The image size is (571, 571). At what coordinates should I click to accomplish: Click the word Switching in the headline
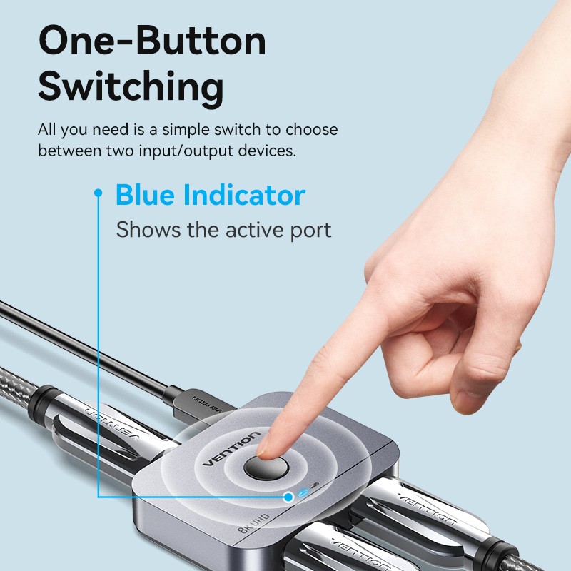(x=131, y=88)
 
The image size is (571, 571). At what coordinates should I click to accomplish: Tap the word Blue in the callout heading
(x=146, y=195)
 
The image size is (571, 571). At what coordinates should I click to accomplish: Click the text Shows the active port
(x=223, y=230)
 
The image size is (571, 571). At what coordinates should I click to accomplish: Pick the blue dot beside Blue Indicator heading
(x=98, y=193)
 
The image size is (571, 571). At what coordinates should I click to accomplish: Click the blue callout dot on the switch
(x=288, y=496)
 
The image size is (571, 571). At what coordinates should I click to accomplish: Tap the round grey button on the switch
(x=265, y=469)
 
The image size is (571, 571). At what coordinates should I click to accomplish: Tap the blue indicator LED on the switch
(x=305, y=492)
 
